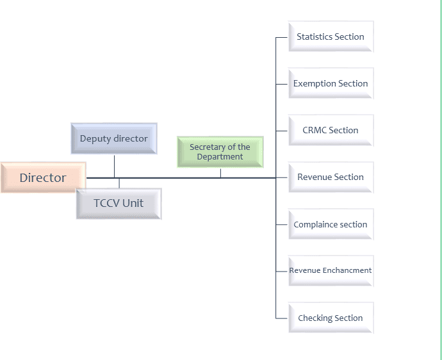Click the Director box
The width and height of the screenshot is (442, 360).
(43, 177)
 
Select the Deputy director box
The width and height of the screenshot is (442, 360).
(113, 138)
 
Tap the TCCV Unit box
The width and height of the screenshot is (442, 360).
(119, 203)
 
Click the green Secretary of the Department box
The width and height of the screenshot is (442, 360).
(220, 152)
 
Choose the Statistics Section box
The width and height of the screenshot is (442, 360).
(331, 37)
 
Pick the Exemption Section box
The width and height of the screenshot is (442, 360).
(331, 83)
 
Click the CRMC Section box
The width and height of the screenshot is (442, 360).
(331, 130)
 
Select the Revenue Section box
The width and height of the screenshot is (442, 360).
(331, 177)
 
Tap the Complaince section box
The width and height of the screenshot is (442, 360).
(331, 224)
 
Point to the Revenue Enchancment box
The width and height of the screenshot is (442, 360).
(331, 270)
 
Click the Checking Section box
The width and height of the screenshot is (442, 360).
(331, 318)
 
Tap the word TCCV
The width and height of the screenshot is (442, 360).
(106, 203)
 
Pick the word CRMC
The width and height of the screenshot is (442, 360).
(315, 130)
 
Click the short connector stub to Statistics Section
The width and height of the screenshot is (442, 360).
(282, 37)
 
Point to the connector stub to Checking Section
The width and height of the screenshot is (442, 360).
(282, 318)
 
